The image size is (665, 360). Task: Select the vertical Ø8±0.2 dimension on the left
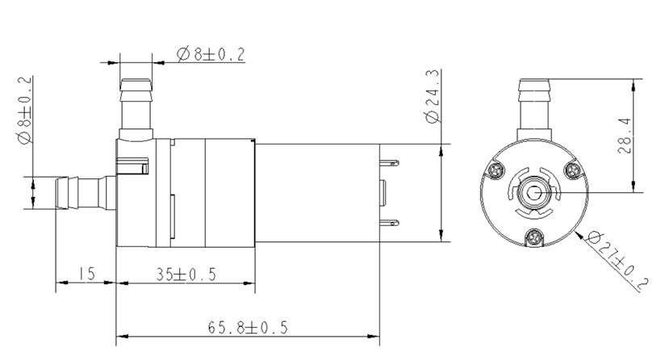click(x=24, y=110)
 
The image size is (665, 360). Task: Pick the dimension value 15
click(x=87, y=274)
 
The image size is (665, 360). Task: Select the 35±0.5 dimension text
click(x=186, y=274)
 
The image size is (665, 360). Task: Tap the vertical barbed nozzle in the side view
click(x=136, y=105)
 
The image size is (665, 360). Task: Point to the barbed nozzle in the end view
click(x=533, y=105)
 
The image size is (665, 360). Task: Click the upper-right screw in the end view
click(x=573, y=170)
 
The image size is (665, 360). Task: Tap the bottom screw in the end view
click(x=533, y=237)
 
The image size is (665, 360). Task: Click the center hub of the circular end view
click(x=533, y=193)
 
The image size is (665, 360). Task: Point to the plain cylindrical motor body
click(x=319, y=193)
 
